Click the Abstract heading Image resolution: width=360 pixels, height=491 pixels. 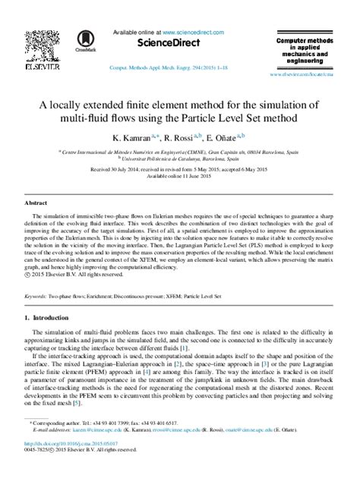pos(36,204)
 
